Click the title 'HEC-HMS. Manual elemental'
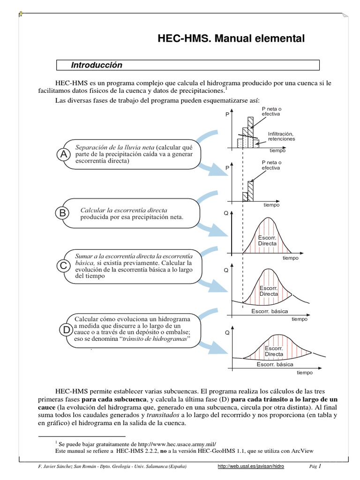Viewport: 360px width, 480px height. click(x=231, y=39)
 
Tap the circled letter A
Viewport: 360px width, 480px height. click(x=63, y=154)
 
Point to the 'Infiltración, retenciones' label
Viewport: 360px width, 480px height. click(x=281, y=136)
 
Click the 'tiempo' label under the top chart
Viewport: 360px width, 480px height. click(x=277, y=150)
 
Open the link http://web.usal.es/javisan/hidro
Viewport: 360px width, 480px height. click(x=251, y=467)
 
